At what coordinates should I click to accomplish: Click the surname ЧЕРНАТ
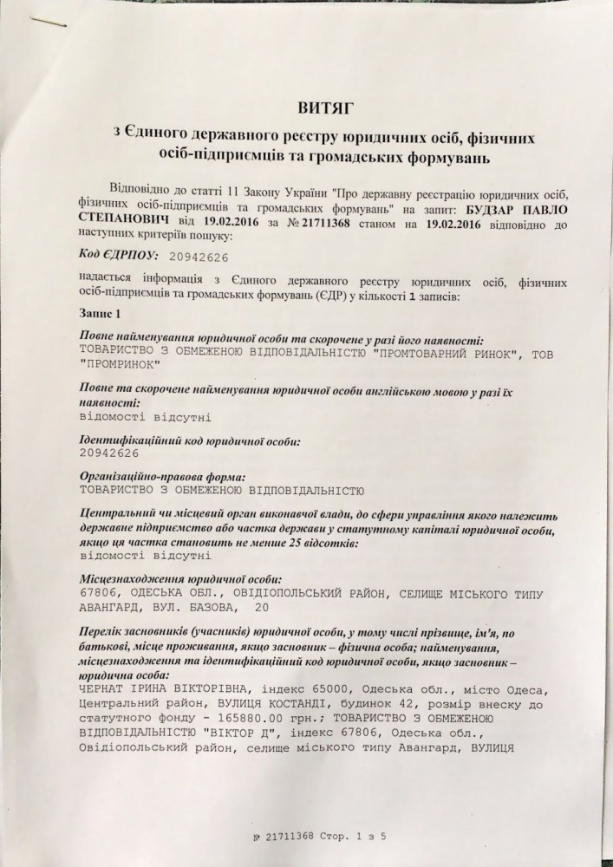(101, 688)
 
